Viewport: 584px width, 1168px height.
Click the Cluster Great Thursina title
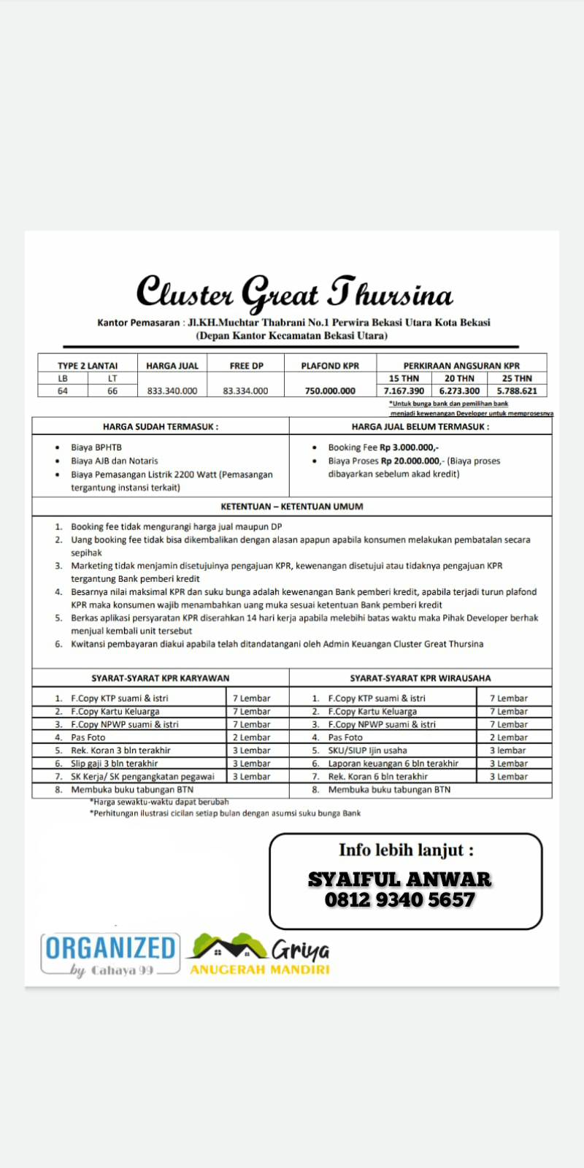294,292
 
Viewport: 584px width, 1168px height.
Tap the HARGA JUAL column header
172,366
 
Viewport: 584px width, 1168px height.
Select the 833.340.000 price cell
172,391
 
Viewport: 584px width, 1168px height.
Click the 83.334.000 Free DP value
245,391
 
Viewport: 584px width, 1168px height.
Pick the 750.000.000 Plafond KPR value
330,391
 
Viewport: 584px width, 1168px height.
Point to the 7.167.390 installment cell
404,391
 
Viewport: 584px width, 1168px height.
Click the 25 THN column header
517,378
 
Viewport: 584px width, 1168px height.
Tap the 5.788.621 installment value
517,391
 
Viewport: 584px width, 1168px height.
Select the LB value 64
63,391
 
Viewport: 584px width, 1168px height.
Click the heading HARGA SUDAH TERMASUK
161,426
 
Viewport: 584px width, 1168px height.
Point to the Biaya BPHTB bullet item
96,447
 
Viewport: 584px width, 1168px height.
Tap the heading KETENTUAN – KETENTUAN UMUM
292,506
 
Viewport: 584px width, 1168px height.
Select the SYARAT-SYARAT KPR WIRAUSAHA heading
420,678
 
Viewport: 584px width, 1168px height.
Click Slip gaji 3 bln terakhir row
115,764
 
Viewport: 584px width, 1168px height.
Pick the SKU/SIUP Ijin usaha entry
368,750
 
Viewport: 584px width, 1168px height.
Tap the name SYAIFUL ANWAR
399,879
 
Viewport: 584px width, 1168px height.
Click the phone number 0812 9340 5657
400,899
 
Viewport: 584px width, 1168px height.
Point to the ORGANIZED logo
110,948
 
